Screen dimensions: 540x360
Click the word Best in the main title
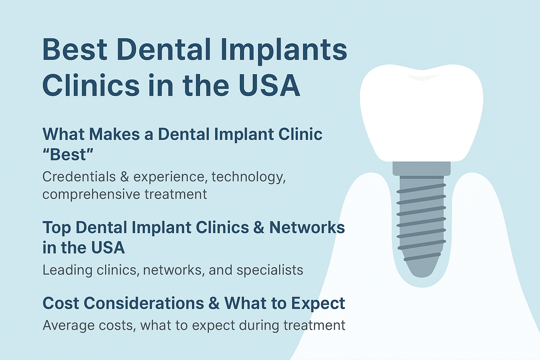coord(75,50)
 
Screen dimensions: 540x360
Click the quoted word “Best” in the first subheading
coord(68,154)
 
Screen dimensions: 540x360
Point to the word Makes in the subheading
coord(114,134)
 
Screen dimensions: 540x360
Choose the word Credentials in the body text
coord(79,177)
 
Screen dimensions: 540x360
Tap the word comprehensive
coord(91,195)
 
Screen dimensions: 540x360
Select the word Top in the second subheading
coord(57,228)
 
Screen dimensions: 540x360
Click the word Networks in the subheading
coord(307,227)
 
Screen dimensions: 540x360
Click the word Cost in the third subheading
coord(61,303)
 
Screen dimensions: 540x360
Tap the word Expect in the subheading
coord(318,304)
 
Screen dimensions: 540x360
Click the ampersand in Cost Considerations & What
coord(214,303)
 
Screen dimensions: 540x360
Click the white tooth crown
coord(422,113)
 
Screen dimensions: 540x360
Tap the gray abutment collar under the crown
coord(422,168)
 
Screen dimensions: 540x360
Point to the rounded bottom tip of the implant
coord(422,275)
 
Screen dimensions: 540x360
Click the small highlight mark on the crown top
coord(422,77)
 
